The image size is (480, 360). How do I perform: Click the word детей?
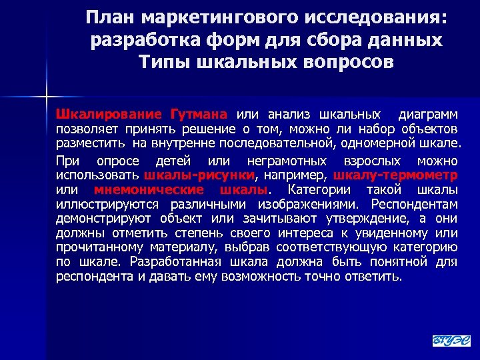click(x=172, y=161)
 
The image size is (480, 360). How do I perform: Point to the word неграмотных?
click(x=287, y=161)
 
